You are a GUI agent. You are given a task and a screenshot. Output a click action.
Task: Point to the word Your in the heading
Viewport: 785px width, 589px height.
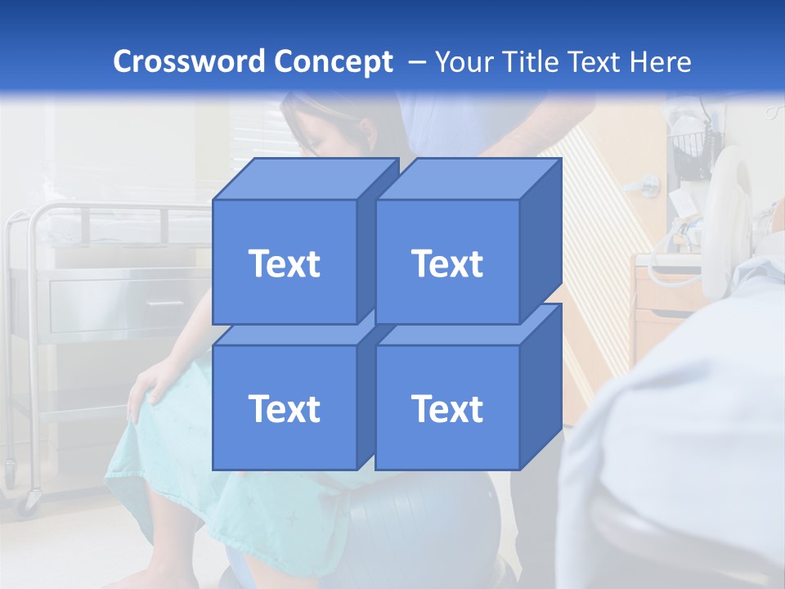point(464,62)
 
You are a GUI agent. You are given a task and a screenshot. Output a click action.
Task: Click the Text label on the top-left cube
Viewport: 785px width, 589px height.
point(284,263)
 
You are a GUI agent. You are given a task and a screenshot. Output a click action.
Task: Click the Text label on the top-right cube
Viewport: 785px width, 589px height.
point(447,263)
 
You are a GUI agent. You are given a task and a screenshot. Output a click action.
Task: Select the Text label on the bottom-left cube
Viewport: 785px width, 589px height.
point(284,408)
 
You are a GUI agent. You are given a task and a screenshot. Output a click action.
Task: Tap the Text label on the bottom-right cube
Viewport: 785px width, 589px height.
point(447,408)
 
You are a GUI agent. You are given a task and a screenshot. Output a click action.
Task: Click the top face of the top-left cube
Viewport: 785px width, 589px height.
point(306,178)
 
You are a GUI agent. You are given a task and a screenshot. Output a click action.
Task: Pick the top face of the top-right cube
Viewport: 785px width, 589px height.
point(469,178)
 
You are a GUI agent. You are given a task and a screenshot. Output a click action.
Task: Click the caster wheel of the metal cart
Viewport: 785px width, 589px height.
point(31,499)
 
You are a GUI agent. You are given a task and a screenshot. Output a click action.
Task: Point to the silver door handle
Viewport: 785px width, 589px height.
point(648,184)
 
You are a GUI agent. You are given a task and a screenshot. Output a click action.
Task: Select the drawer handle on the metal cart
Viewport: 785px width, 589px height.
point(164,303)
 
